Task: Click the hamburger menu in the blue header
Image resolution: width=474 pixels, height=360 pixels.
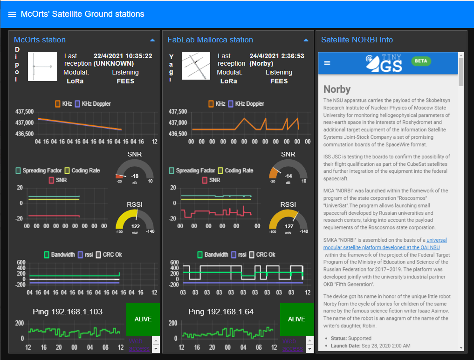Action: [x=12, y=14]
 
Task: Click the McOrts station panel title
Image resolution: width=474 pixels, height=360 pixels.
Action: [x=40, y=40]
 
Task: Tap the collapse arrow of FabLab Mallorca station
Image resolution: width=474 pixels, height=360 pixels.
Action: [x=306, y=40]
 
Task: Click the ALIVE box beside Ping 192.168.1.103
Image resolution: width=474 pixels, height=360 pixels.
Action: [x=143, y=319]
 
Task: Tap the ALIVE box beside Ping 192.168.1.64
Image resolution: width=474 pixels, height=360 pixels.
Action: [x=296, y=319]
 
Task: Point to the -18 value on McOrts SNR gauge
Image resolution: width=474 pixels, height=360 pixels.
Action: [x=135, y=176]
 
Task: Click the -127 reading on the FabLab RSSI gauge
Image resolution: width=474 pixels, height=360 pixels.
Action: [x=288, y=226]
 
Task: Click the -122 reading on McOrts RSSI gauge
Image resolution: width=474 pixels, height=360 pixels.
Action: [x=135, y=226]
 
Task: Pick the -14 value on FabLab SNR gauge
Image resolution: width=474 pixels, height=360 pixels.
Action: [x=288, y=176]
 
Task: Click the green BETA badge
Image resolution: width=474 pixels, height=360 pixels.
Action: [x=421, y=61]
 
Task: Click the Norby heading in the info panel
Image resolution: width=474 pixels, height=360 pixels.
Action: [x=337, y=89]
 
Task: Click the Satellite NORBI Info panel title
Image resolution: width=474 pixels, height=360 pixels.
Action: [x=357, y=40]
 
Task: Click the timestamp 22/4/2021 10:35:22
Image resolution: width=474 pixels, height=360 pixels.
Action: [x=123, y=56]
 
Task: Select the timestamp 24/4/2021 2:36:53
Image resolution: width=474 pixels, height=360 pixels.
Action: [x=277, y=56]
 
